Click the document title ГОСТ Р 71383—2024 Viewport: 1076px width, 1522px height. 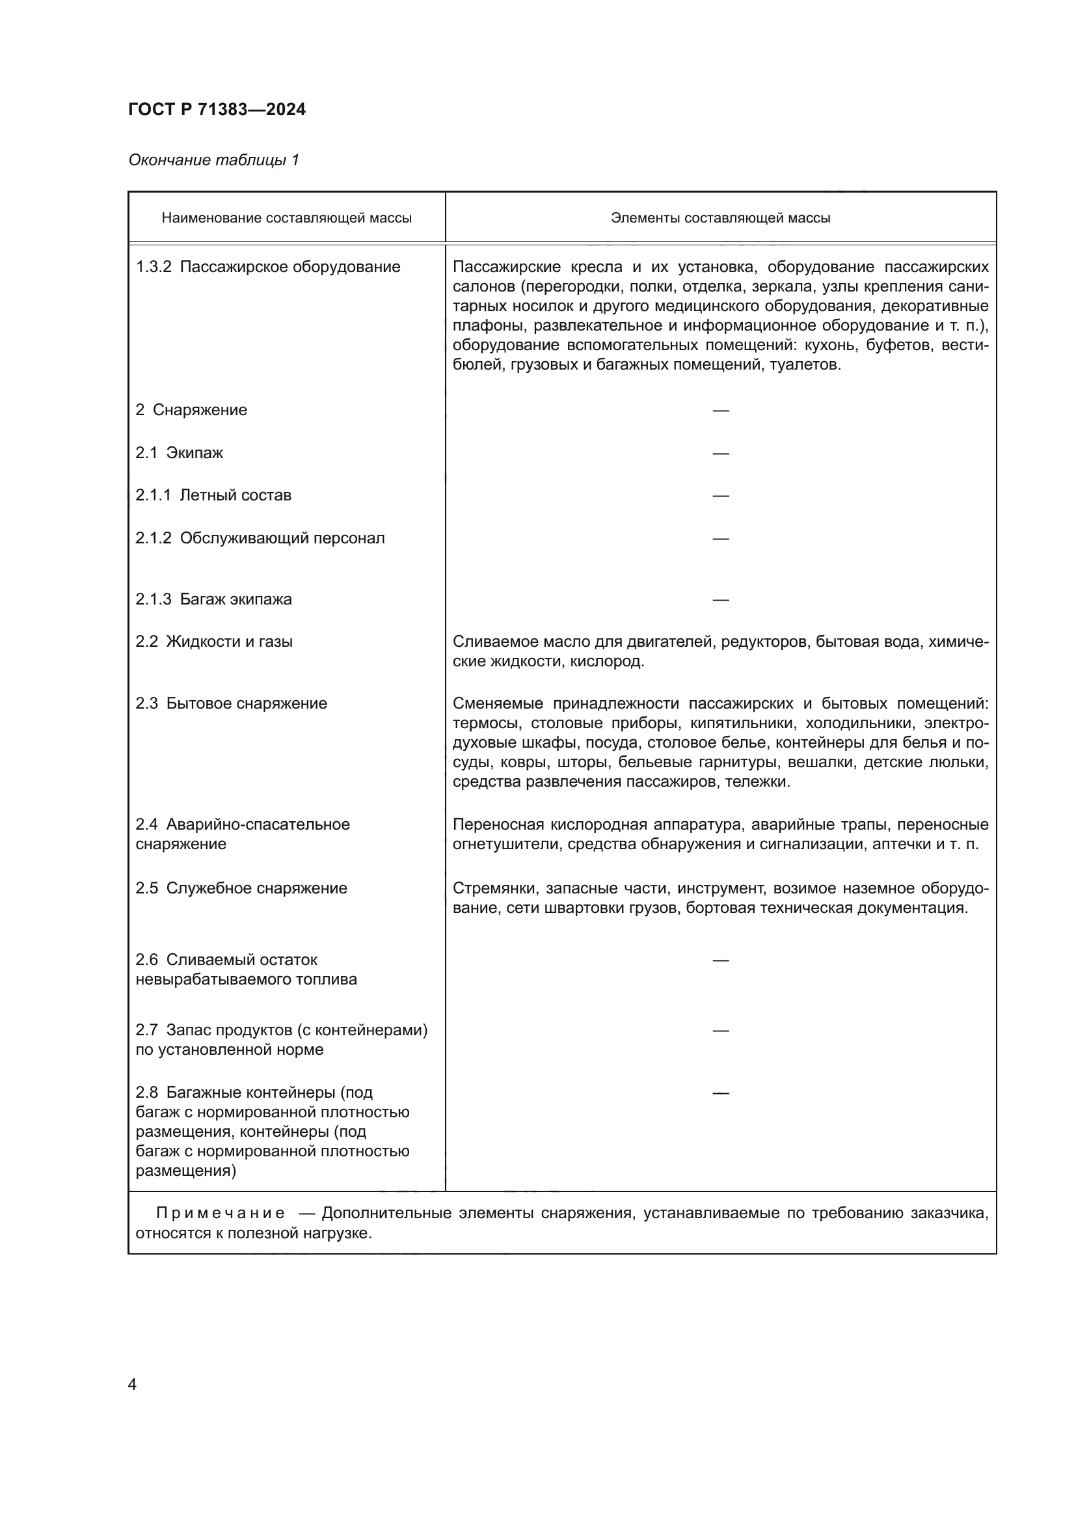(217, 109)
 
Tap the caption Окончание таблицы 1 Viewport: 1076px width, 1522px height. (214, 160)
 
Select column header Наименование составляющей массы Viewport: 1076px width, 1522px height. (286, 218)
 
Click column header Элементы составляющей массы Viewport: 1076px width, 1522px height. (720, 218)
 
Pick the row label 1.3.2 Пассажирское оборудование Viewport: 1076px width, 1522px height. (267, 267)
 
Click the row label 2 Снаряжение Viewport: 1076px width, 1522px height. (191, 410)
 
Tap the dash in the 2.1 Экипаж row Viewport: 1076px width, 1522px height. (720, 454)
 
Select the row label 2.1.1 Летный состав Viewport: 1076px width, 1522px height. (213, 495)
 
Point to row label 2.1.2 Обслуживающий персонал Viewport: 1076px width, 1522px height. (260, 537)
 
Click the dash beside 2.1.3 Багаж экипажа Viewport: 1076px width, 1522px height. (720, 600)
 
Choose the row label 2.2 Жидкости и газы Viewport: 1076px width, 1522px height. (214, 641)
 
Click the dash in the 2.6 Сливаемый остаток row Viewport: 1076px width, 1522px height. (720, 960)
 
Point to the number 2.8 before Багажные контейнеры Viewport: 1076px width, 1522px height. (146, 1092)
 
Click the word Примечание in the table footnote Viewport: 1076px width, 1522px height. (221, 1213)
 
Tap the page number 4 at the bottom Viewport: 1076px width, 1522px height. (132, 1385)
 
